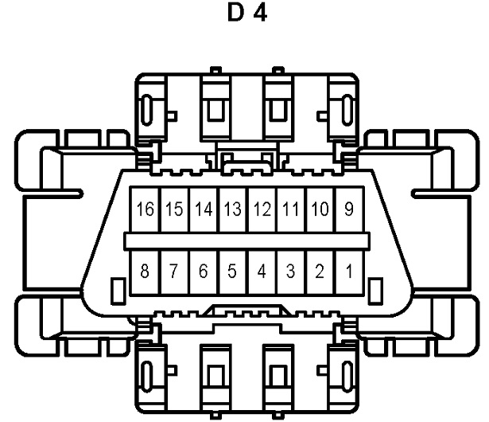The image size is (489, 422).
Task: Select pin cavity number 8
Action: [143, 272]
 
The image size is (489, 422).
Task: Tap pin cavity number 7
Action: [173, 272]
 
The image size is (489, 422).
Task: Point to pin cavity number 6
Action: [203, 272]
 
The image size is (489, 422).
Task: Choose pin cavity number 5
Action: [232, 272]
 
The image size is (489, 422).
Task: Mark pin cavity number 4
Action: [262, 272]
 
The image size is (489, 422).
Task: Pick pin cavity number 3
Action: [291, 272]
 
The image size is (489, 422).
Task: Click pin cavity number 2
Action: [320, 272]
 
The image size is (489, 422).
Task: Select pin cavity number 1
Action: [347, 272]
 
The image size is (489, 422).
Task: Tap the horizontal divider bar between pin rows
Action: [245, 240]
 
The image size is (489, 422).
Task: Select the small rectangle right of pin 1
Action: [372, 288]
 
